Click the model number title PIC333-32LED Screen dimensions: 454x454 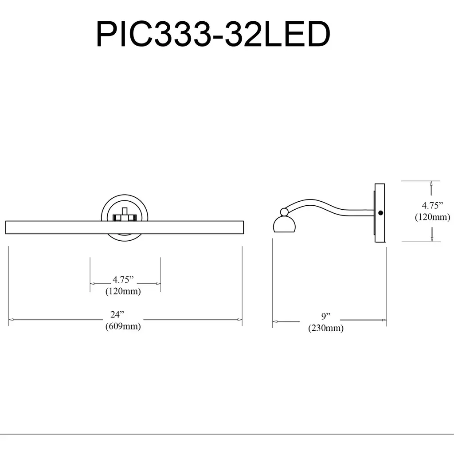213,34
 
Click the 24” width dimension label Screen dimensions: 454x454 117,314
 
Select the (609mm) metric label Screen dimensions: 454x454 123,326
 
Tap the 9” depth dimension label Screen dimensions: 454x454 326,316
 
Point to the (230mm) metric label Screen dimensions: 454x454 326,328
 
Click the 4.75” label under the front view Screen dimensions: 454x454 123,280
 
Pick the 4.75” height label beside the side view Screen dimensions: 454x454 432,206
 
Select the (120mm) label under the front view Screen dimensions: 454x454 123,291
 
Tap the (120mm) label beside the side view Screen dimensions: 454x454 433,217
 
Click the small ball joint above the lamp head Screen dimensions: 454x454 284,212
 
